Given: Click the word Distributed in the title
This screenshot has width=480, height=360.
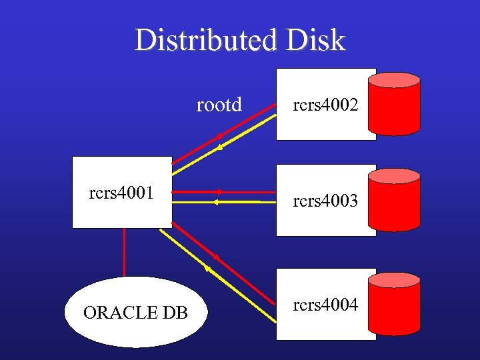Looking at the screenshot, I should coord(204,41).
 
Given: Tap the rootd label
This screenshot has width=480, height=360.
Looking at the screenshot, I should coord(219,105).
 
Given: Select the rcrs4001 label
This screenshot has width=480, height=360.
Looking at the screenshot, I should coord(121,193).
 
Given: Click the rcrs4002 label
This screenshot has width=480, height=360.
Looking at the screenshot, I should coord(326,104).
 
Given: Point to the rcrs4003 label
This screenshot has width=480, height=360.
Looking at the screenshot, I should coord(326,200).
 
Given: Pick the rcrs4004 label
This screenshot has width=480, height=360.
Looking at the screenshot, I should coord(326,305).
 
